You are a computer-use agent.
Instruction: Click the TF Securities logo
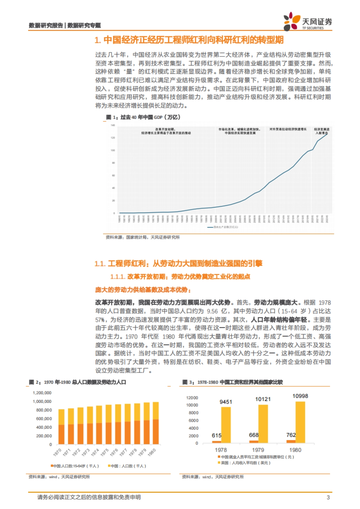tap(307, 22)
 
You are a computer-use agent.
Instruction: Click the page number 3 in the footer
tap(328, 497)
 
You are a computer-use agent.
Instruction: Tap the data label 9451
tap(226, 402)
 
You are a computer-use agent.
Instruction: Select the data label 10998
tap(300, 396)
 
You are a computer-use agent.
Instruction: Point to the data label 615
tap(216, 435)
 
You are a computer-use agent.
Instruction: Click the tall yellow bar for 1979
tap(263, 424)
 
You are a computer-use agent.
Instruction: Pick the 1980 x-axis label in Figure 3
tap(295, 450)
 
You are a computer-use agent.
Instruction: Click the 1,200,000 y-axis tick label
tap(42, 393)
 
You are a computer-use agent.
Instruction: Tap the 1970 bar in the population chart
tap(61, 427)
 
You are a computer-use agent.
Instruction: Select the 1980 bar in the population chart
tap(156, 423)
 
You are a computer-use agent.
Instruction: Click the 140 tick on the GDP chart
tap(113, 125)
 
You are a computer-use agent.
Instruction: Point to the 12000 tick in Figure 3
tap(192, 398)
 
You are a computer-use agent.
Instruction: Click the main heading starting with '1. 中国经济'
tap(189, 40)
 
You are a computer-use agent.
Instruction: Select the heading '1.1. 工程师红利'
tap(178, 263)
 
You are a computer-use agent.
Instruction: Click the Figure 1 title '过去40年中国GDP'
tap(143, 117)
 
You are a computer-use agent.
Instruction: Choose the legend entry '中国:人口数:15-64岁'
tap(75, 466)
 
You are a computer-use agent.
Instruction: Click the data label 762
tap(291, 435)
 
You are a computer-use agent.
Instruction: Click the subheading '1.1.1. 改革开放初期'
tap(180, 276)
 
